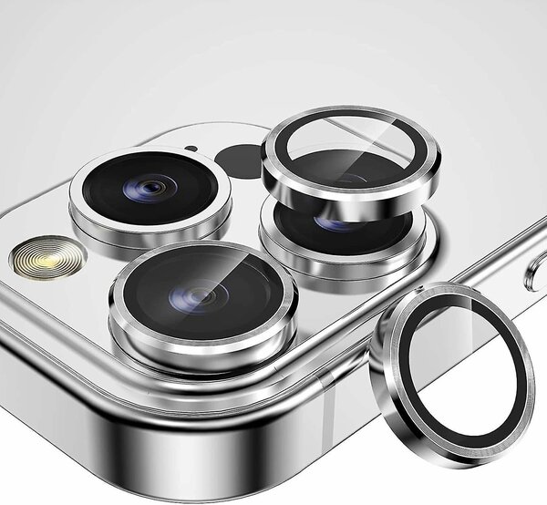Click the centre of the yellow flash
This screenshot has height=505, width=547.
42,256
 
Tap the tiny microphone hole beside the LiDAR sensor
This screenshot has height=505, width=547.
191,148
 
